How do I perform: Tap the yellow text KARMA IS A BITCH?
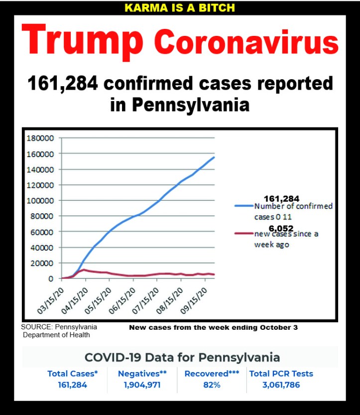[179, 8]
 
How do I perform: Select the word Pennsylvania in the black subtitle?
[187, 105]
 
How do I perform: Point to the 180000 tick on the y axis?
[39, 138]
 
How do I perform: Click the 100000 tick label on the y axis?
[39, 200]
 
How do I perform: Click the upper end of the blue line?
[214, 157]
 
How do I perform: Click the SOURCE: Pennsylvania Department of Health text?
[59, 331]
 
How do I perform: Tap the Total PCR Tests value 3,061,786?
[281, 385]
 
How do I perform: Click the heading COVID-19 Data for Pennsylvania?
[182, 357]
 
